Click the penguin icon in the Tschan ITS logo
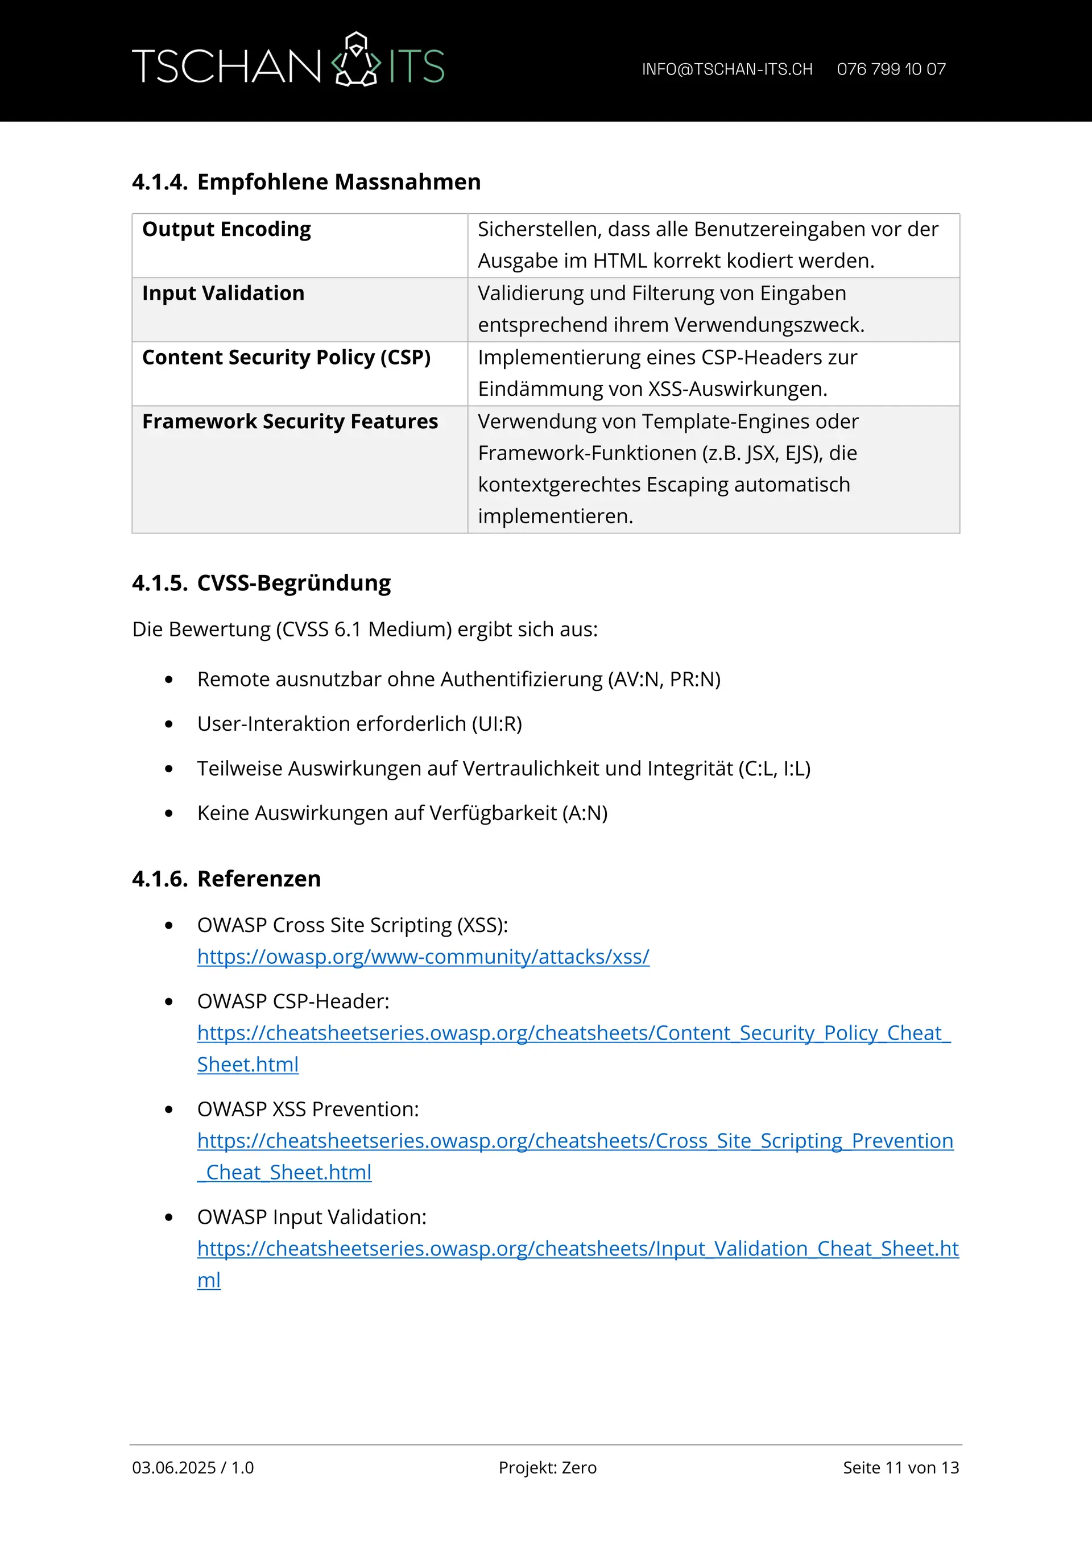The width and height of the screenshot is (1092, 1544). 357,60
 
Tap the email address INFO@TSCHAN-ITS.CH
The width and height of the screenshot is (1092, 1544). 727,69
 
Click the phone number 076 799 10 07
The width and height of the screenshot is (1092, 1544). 891,69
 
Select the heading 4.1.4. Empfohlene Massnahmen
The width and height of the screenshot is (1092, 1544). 306,182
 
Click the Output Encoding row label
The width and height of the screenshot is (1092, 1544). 226,229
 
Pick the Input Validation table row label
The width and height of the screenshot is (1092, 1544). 224,293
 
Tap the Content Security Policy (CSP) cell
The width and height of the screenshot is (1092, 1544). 287,357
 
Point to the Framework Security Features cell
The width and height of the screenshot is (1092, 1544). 290,421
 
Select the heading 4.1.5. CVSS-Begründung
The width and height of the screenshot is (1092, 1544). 261,583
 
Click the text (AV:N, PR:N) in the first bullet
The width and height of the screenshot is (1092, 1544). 664,679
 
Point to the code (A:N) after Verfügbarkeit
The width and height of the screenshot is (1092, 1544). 585,813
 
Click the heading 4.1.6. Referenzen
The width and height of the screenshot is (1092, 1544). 226,879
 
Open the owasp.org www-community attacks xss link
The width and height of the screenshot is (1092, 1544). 423,957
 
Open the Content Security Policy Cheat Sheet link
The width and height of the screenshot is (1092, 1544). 573,1033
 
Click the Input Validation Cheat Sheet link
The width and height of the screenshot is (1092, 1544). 578,1249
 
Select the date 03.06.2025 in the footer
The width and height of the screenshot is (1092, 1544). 174,1468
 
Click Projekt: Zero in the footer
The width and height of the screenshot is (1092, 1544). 547,1468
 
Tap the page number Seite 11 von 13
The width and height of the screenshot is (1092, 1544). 900,1468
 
